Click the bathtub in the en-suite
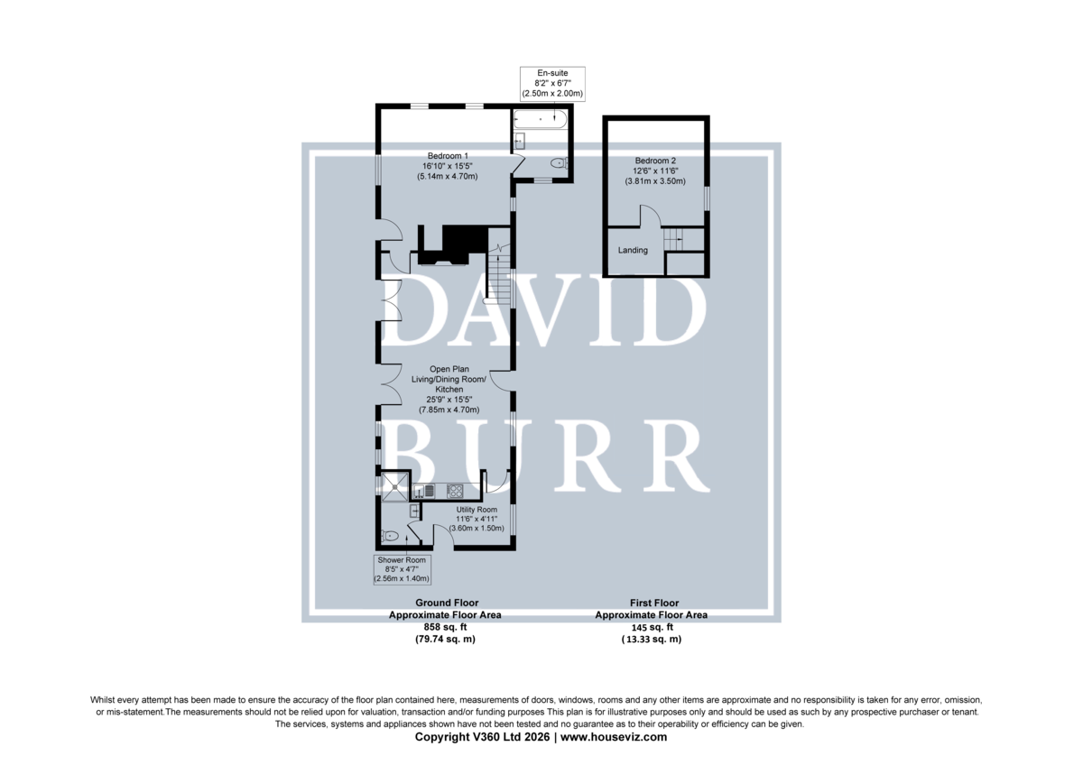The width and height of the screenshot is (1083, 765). tap(541, 119)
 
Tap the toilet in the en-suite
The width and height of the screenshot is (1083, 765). tap(560, 163)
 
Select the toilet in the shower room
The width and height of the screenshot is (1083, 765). tap(389, 536)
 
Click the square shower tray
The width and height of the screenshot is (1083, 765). tap(395, 486)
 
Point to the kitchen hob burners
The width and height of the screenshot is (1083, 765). tap(455, 491)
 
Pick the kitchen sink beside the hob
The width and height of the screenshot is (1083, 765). tap(424, 491)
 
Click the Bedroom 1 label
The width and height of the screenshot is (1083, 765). tap(448, 155)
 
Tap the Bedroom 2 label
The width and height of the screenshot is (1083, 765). tap(655, 161)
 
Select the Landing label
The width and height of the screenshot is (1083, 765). tap(633, 250)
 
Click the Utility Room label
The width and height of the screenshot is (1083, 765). tap(477, 510)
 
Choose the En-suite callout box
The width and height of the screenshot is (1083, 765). tap(552, 84)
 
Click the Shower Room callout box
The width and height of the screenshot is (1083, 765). tap(402, 569)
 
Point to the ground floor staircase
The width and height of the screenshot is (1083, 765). tap(499, 274)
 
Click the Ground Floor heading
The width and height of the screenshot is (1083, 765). tap(447, 603)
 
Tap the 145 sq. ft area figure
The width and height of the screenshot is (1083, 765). tap(653, 627)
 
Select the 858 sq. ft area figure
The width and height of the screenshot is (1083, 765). tap(445, 627)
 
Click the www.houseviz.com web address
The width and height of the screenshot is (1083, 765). tap(614, 736)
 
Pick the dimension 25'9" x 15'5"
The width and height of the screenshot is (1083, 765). tap(449, 400)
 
